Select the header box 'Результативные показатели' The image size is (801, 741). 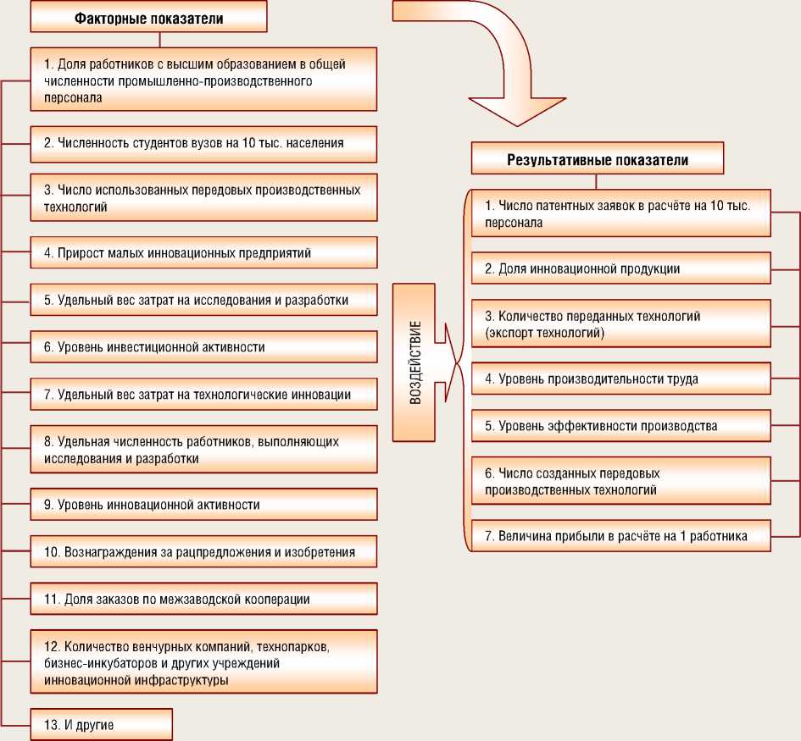pyautogui.click(x=598, y=159)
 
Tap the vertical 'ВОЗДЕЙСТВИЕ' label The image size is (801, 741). pyautogui.click(x=414, y=363)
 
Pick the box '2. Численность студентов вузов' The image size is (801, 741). pyautogui.click(x=203, y=143)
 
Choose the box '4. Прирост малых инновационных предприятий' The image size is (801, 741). pyautogui.click(x=203, y=252)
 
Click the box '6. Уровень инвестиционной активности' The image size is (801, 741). pyautogui.click(x=203, y=346)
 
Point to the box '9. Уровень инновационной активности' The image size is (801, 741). pyautogui.click(x=203, y=504)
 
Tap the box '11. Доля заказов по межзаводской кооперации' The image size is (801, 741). pyautogui.click(x=203, y=599)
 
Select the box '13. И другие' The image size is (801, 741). pyautogui.click(x=102, y=725)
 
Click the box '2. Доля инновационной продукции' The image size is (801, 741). pyautogui.click(x=621, y=268)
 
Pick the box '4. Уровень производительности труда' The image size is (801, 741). pyautogui.click(x=621, y=379)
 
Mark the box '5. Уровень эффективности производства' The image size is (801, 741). pyautogui.click(x=621, y=426)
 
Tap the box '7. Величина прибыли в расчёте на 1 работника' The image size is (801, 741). pyautogui.click(x=621, y=536)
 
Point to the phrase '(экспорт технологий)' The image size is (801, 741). pyautogui.click(x=545, y=333)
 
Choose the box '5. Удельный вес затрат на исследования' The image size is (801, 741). pyautogui.click(x=203, y=300)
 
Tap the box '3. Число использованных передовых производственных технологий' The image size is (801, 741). pyautogui.click(x=203, y=197)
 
